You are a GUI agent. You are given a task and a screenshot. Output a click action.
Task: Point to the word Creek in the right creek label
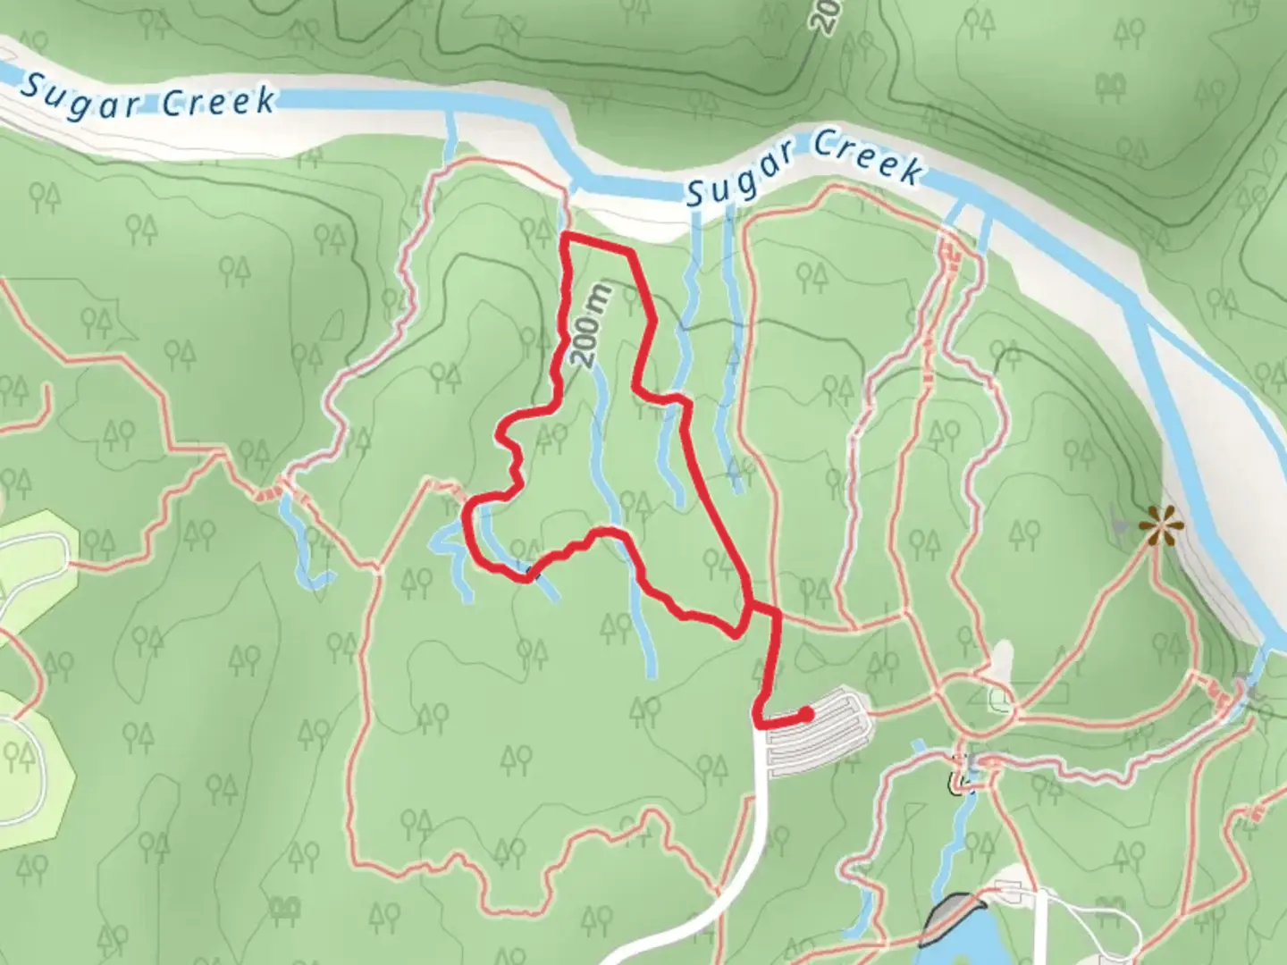point(867,156)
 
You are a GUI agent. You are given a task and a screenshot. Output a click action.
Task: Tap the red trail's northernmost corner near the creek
point(565,237)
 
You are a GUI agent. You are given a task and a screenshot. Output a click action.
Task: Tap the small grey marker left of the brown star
point(1119,524)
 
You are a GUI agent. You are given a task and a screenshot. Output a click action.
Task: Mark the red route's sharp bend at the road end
point(759,720)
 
